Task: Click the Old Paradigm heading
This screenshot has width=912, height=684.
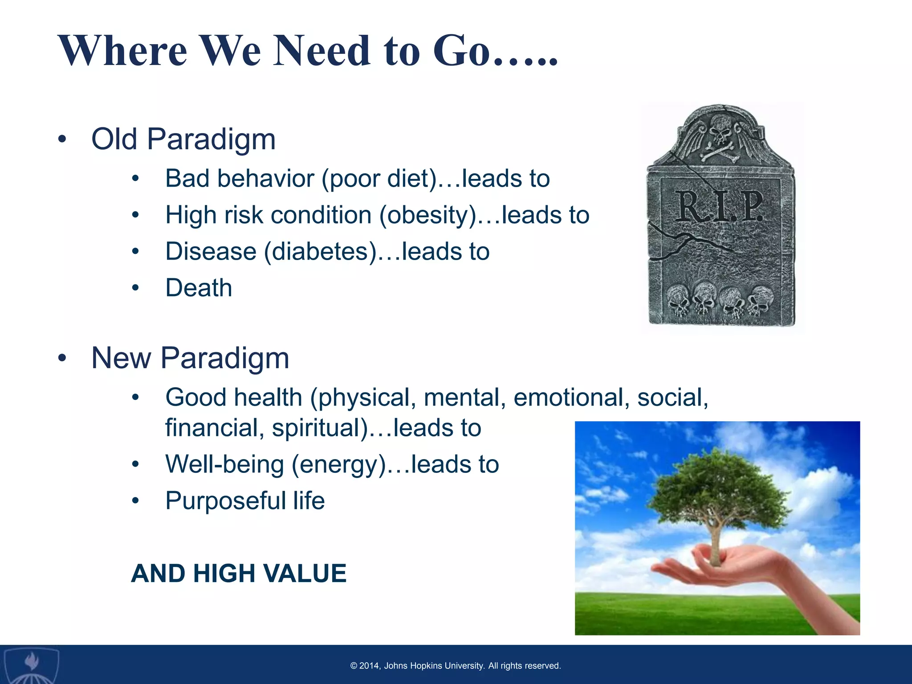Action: tap(183, 139)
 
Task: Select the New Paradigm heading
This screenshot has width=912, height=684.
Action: tap(190, 358)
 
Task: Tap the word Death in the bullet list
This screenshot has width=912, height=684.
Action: tap(199, 288)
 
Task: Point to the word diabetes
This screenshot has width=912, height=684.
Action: tap(321, 252)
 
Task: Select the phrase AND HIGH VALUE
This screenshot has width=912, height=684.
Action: tap(239, 573)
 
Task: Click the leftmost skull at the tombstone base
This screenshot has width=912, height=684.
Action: tap(678, 301)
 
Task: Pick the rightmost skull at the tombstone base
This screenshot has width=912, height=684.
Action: tap(761, 300)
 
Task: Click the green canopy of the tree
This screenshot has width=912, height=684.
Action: tap(717, 490)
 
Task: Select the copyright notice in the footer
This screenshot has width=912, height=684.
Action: tap(456, 666)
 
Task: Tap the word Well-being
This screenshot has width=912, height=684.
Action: tap(224, 464)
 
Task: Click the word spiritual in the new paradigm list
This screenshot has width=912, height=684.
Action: tap(320, 428)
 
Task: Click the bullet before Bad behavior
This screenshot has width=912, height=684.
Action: tap(135, 179)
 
